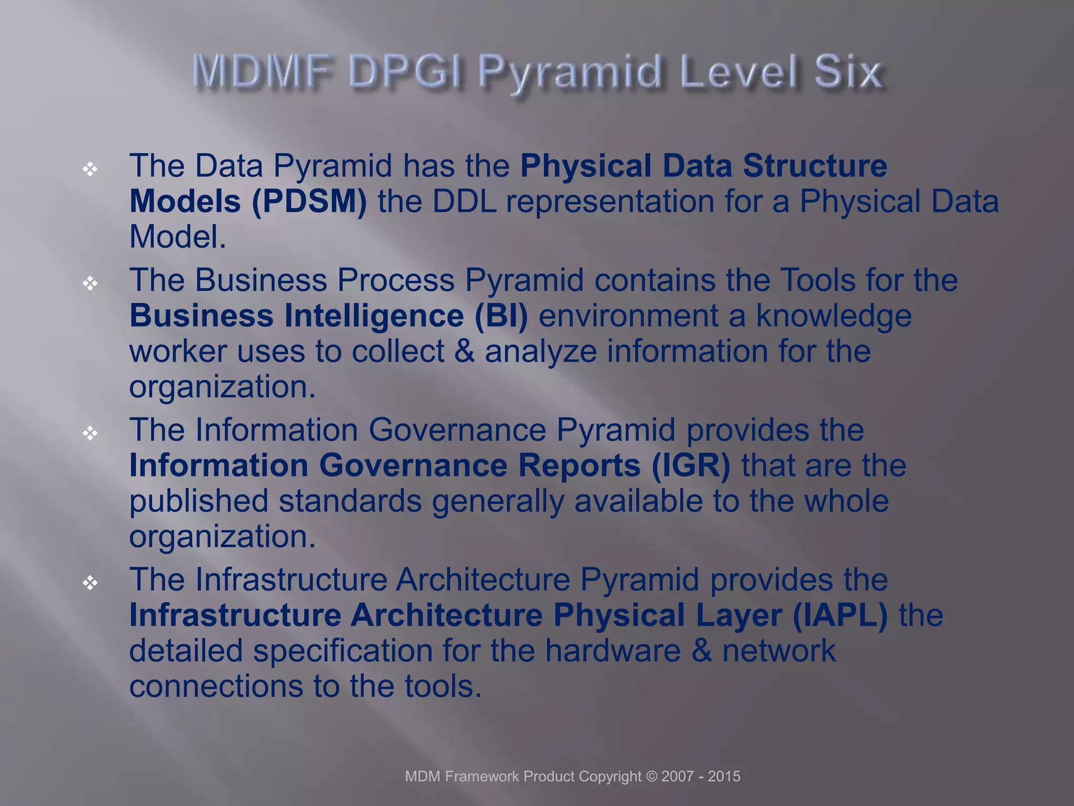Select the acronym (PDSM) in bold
pyautogui.click(x=309, y=201)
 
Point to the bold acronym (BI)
pyautogui.click(x=501, y=316)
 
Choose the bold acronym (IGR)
pyautogui.click(x=691, y=466)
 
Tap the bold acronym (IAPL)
pyautogui.click(x=840, y=616)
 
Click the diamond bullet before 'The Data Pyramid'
pyautogui.click(x=90, y=169)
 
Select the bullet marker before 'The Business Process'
pyautogui.click(x=90, y=283)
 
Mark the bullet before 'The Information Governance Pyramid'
pyautogui.click(x=90, y=433)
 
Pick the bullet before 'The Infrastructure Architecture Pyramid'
pyautogui.click(x=90, y=582)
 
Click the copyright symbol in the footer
pyautogui.click(x=651, y=777)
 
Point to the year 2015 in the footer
pyautogui.click(x=724, y=777)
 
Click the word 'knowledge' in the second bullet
pyautogui.click(x=833, y=316)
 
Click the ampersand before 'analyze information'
pyautogui.click(x=464, y=351)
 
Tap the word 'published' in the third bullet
pyautogui.click(x=199, y=501)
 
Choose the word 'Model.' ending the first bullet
pyautogui.click(x=177, y=237)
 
